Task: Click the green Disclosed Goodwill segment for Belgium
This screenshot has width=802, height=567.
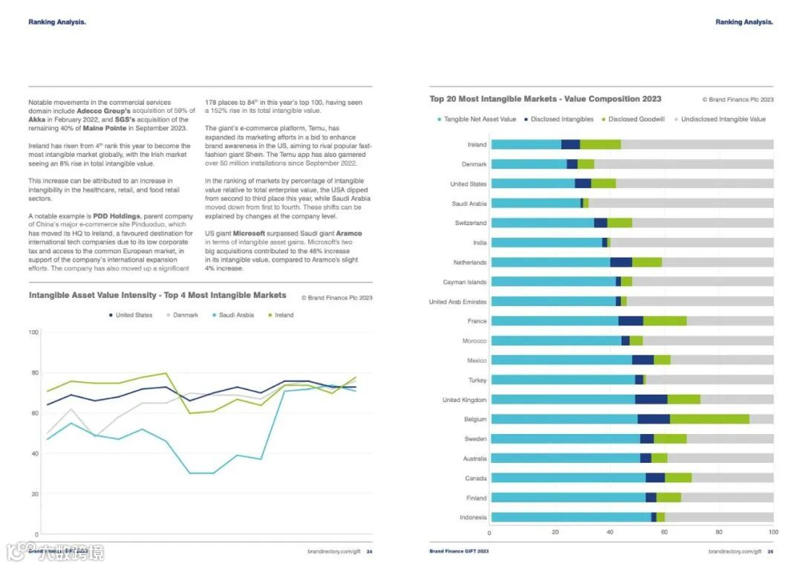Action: [x=709, y=419]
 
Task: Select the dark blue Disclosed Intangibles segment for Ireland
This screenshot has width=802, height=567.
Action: [x=570, y=144]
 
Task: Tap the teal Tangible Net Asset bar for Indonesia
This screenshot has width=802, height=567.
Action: [x=570, y=517]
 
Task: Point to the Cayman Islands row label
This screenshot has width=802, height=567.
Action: [x=465, y=282]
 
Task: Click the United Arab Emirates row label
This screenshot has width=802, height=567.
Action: [x=457, y=302]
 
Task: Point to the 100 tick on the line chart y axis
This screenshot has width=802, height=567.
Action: [x=33, y=332]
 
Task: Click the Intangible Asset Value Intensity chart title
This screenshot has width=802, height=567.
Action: [x=157, y=296]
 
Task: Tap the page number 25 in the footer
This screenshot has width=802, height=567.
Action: [x=770, y=551]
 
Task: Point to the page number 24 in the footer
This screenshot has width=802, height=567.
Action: [x=369, y=551]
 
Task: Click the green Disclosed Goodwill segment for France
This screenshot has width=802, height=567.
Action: [x=665, y=321]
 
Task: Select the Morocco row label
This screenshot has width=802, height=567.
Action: [x=475, y=341]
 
